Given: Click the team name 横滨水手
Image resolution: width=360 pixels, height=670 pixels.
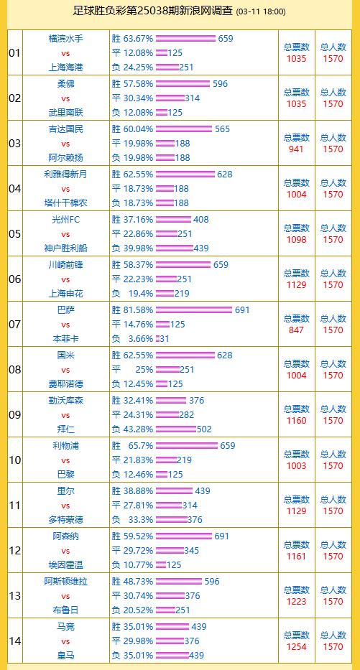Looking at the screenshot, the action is coord(65,39).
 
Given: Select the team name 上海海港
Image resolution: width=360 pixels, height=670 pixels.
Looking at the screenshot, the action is coord(65,67).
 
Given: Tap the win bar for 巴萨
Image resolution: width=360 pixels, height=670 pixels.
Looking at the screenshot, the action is coord(194,310).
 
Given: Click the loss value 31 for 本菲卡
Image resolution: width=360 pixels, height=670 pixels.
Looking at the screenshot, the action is coord(165,338).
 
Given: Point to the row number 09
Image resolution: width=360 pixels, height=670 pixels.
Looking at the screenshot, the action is coord(15,415).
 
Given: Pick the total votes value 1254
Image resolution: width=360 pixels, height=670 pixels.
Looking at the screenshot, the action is coord(297,647).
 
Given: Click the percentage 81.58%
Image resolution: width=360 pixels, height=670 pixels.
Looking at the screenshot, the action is coord(138,310).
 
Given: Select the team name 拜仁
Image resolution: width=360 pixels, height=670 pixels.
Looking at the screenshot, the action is coord(65,429).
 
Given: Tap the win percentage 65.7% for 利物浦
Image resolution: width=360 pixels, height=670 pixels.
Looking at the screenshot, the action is coord(141,446).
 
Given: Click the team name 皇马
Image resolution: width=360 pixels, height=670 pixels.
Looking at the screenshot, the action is coord(65,655).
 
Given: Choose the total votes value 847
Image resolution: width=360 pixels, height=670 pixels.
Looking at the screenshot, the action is coord(297,330).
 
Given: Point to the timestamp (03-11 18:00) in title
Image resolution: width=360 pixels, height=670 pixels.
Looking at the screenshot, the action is coord(261,12).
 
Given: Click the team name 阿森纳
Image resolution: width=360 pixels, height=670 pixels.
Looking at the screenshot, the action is coord(65,536).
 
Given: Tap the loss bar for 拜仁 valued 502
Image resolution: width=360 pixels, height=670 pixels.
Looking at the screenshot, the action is coord(175,429).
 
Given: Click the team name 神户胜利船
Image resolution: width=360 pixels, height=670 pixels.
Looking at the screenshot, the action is coord(65,248).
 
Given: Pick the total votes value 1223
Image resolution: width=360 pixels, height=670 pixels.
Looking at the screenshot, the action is coord(297,602).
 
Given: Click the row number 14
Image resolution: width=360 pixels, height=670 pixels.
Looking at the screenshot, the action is coord(15,641).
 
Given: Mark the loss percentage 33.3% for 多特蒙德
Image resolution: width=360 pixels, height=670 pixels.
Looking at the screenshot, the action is coord(141,520).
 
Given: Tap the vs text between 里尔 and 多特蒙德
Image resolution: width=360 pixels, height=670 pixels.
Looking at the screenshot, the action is coord(65,506).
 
